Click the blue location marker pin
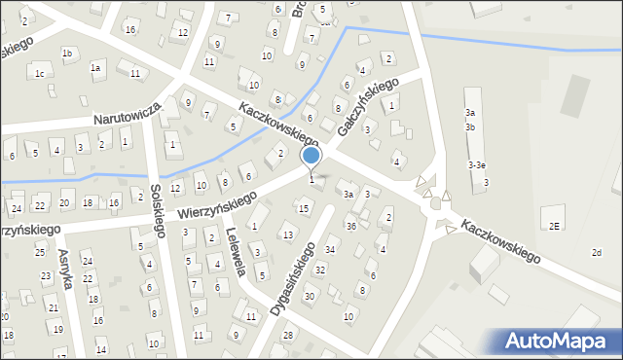311,157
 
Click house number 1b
67,54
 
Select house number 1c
40,74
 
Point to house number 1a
95,68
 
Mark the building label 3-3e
477,165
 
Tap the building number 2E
553,226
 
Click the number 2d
596,253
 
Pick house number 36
350,226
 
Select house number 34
330,250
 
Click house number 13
287,234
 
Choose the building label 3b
470,127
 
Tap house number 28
287,336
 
